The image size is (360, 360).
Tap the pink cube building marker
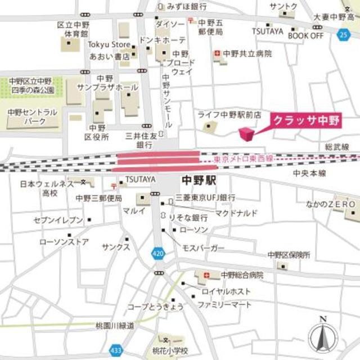[246, 134]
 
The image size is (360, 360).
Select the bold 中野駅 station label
[199, 181]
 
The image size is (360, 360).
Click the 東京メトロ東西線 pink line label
[244, 160]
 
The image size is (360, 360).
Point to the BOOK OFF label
[305, 35]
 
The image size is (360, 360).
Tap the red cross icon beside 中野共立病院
[217, 54]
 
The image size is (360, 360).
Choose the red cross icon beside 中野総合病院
[208, 276]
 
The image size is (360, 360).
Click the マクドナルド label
[236, 213]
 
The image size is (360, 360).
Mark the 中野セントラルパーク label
[33, 116]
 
